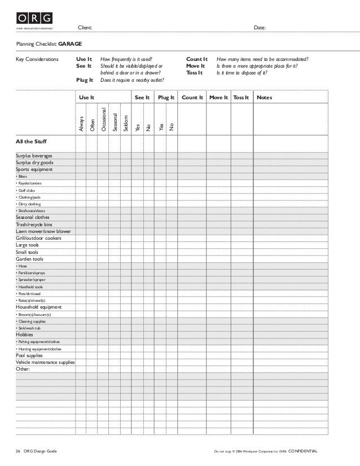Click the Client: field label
coord(85,27)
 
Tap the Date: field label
coord(260,27)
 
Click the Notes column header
coord(264,98)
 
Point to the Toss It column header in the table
coord(241,98)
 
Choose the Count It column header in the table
coord(192,98)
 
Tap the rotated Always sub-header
coord(81,124)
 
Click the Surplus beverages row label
coord(34,155)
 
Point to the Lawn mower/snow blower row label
coord(43,231)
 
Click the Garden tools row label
coord(29,259)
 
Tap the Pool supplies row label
coord(29,355)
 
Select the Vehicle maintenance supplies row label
coord(45,362)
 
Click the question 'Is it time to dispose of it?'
coord(242,73)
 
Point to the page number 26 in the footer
coord(18,452)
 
